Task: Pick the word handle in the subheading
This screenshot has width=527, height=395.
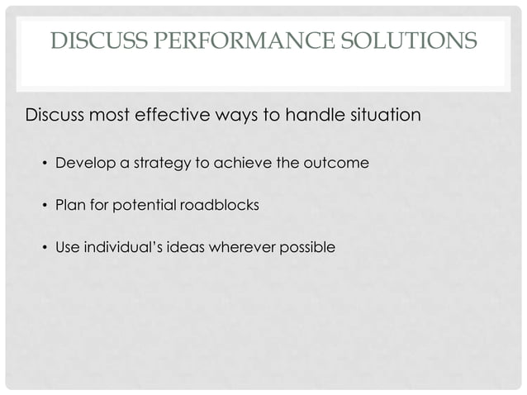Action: click(306, 114)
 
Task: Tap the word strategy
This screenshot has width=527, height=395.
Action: click(157, 163)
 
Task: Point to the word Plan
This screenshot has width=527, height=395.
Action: click(69, 204)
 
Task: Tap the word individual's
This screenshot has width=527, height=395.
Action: click(115, 246)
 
